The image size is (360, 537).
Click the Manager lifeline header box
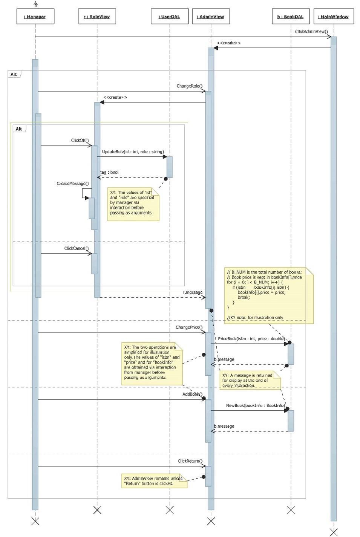[35, 17]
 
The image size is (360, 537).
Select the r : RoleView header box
[97, 17]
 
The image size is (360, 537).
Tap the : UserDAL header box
[169, 17]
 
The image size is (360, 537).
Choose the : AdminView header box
[211, 17]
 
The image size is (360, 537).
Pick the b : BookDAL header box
[291, 17]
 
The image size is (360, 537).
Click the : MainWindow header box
[333, 17]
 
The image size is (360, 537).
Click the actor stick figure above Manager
[35, 4]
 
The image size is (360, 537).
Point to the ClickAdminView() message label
[311, 32]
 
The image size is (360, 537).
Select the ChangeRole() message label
[189, 86]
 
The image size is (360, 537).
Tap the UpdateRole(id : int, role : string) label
[133, 151]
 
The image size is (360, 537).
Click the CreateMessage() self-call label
[73, 184]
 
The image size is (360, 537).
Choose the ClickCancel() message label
[76, 248]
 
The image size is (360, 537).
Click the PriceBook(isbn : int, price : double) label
[251, 339]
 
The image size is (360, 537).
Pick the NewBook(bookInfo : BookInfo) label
[255, 405]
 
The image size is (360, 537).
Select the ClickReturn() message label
[190, 461]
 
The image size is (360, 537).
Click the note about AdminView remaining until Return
[154, 481]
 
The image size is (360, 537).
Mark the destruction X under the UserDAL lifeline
[170, 510]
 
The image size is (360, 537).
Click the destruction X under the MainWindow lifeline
[334, 532]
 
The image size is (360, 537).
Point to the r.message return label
[193, 292]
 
